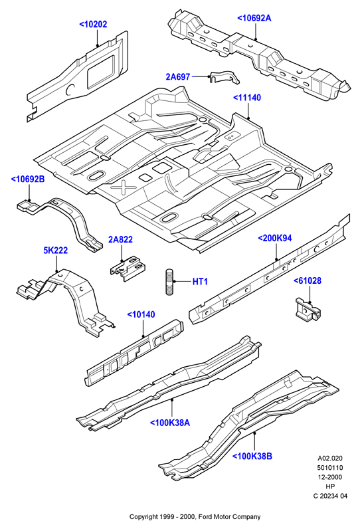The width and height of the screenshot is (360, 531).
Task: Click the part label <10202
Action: tap(93, 25)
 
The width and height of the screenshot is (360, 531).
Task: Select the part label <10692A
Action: tap(254, 18)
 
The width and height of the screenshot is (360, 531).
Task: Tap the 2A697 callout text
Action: tap(178, 77)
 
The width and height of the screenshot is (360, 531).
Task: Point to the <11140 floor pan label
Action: tap(247, 98)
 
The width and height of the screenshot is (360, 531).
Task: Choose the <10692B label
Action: tap(28, 179)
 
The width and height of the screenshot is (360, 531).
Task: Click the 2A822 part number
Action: tap(120, 239)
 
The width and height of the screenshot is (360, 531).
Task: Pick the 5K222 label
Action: tap(56, 251)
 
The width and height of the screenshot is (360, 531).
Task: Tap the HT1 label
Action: tap(200, 281)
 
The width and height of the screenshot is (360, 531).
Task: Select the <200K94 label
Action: tap(275, 239)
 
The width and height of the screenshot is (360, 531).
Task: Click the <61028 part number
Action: tap(308, 280)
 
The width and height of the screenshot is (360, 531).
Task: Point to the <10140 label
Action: tap(141, 314)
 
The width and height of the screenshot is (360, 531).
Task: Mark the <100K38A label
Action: tap(170, 423)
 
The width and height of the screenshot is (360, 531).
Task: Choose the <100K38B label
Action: tap(252, 457)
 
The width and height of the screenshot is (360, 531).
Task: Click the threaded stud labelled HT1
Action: tap(169, 281)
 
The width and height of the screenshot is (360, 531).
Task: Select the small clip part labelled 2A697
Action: tap(224, 78)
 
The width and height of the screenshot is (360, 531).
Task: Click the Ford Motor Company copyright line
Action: tap(195, 517)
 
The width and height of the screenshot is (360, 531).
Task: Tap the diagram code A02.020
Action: tap(330, 459)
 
